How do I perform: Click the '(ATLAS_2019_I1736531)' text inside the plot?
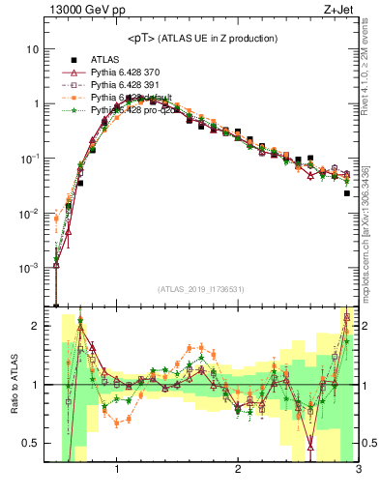pos(200,289)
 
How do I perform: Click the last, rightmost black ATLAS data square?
pos(346,193)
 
